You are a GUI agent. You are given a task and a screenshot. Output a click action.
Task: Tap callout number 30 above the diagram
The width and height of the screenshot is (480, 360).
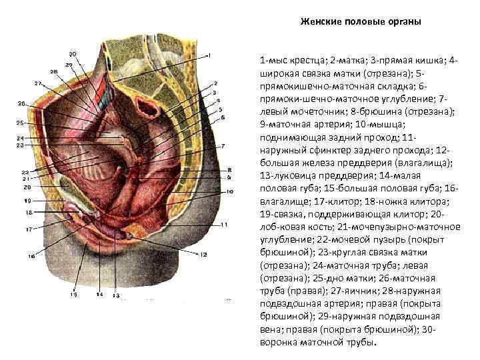pos(72,53)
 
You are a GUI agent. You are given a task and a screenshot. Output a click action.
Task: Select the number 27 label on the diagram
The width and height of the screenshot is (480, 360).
pos(38,83)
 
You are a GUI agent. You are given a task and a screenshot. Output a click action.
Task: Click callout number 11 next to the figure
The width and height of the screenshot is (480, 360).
pos(224,225)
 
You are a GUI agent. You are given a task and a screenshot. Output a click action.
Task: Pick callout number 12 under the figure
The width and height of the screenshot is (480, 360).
pos(203,254)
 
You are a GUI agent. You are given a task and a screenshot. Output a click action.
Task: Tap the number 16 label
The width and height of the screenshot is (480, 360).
pos(31,255)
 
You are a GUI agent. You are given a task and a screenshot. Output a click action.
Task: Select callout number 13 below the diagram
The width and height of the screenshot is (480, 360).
pos(115,294)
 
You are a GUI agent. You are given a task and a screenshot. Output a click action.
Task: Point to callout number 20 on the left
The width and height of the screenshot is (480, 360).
pos(27,187)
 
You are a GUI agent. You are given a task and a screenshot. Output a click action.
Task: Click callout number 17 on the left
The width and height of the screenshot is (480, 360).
pos(29,229)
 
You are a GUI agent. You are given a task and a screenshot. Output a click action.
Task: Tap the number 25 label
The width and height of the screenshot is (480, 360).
pos(20,123)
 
